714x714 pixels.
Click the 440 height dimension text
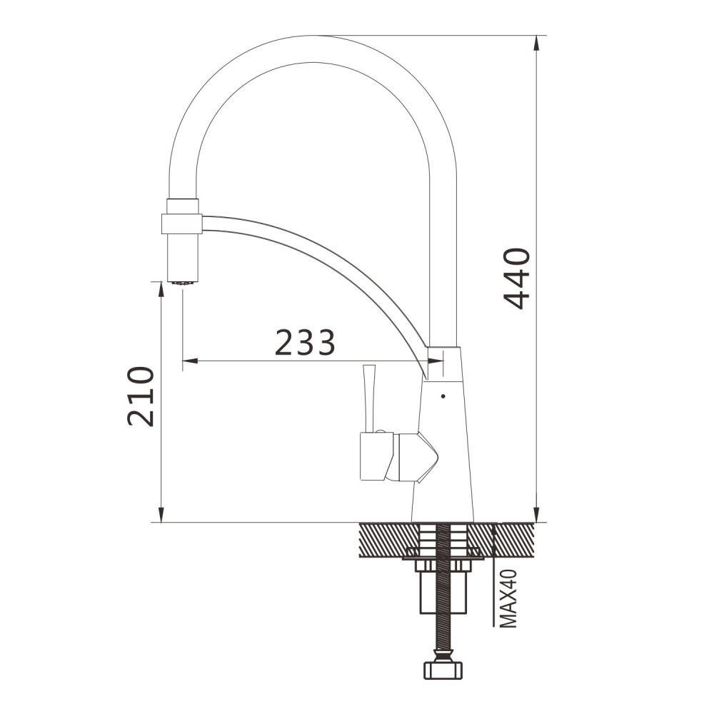tap(516, 278)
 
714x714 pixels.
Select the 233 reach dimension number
tap(305, 342)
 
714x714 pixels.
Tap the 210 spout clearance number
tap(140, 396)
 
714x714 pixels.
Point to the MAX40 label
tap(508, 598)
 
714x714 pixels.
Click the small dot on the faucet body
tap(443, 396)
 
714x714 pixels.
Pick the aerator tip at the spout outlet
tap(183, 283)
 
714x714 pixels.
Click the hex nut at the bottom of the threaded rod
tap(443, 670)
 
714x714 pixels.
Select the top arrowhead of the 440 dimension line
tap(538, 44)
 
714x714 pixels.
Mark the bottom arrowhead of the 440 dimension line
tap(538, 514)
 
